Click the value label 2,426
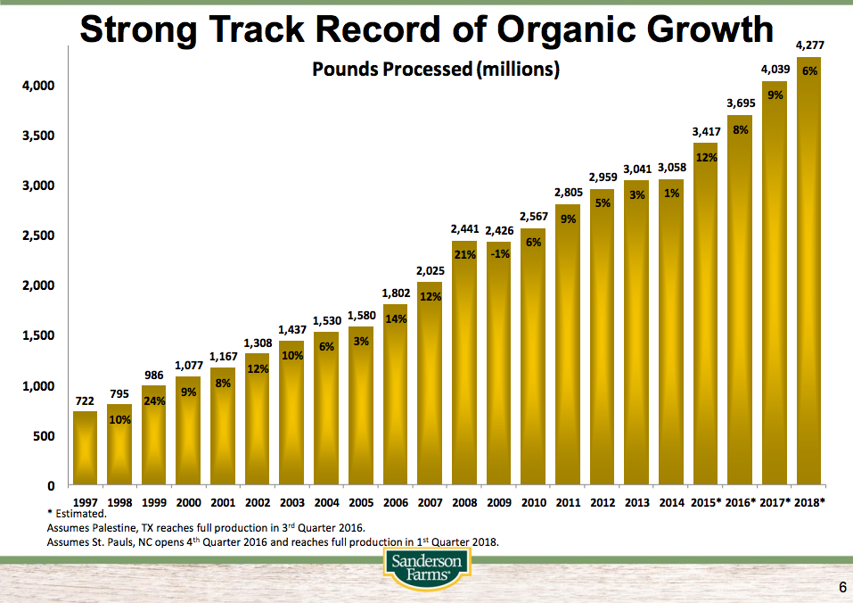[499, 231]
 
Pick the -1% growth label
[499, 254]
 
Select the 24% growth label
[154, 401]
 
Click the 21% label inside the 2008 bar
[464, 254]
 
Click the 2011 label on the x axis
[568, 502]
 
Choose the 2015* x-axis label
[705, 502]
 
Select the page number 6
[841, 587]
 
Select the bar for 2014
[671, 335]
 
